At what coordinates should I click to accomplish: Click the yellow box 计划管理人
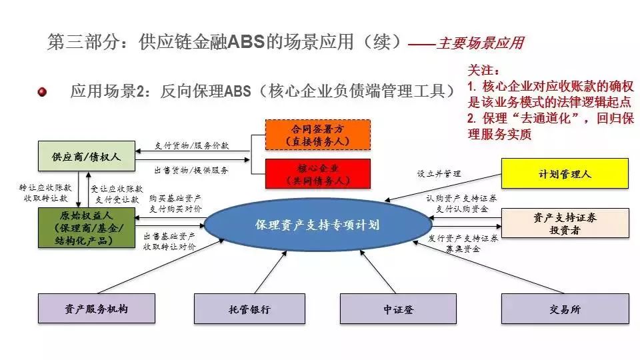tap(565, 174)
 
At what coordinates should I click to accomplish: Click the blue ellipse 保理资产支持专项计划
tap(317, 225)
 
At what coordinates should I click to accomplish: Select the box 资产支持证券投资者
tap(565, 223)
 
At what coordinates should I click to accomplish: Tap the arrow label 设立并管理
tap(439, 173)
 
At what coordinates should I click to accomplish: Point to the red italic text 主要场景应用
tap(480, 44)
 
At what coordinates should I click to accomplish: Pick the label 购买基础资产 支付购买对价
tap(175, 203)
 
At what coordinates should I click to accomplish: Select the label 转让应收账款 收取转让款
tap(45, 193)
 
